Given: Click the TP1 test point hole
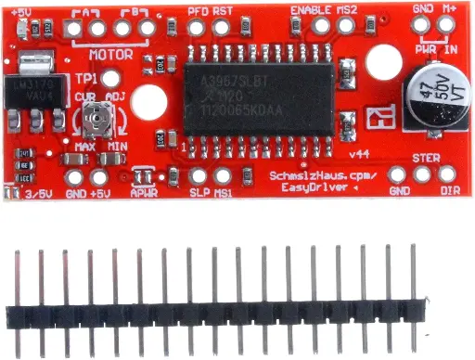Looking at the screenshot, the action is (x=110, y=80).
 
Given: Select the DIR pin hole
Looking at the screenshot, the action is (x=447, y=174).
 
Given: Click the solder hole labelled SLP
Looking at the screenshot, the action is (x=198, y=174).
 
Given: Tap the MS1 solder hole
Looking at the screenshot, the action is (x=223, y=174).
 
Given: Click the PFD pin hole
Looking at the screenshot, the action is (x=196, y=28).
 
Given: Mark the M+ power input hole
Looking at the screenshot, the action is (x=447, y=26).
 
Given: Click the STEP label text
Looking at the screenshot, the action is (x=426, y=158).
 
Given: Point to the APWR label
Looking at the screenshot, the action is (x=144, y=192).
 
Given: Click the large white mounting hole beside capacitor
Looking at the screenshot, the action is (x=378, y=61).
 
